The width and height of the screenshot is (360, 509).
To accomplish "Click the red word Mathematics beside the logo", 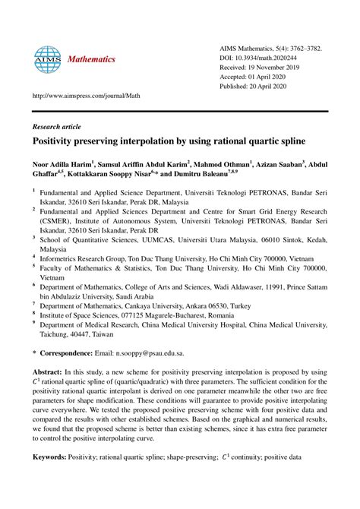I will [x=91, y=58].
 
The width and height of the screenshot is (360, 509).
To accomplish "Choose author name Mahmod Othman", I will [x=221, y=163].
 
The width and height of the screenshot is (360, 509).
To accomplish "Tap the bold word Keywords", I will [x=52, y=458].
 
